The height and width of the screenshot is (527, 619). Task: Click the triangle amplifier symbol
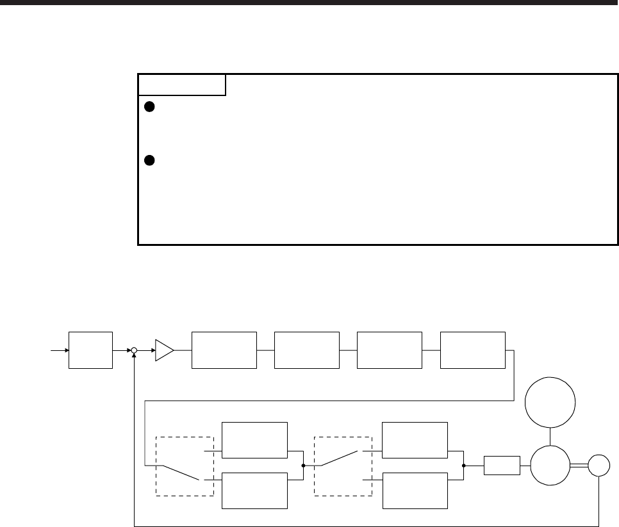(164, 350)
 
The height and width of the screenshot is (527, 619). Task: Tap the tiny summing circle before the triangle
(134, 351)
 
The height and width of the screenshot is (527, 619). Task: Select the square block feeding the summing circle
(91, 350)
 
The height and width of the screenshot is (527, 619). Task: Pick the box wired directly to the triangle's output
(224, 350)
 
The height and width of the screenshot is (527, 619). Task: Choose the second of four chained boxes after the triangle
(306, 350)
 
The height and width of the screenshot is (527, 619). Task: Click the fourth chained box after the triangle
(473, 350)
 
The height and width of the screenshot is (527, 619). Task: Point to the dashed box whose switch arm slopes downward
(185, 466)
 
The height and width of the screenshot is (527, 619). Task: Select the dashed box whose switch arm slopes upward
(343, 466)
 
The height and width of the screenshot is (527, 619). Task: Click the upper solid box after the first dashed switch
(254, 441)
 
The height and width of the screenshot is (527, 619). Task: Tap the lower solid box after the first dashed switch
(254, 491)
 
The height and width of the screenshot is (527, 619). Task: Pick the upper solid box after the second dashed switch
(414, 441)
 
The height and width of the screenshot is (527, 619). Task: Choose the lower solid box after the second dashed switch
(414, 491)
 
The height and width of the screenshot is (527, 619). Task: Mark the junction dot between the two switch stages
(303, 466)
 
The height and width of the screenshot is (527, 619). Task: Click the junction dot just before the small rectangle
(463, 466)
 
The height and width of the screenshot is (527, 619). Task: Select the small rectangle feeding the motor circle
(502, 466)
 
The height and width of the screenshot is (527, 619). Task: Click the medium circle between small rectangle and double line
(550, 466)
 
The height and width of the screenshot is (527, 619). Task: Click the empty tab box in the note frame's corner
(182, 85)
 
